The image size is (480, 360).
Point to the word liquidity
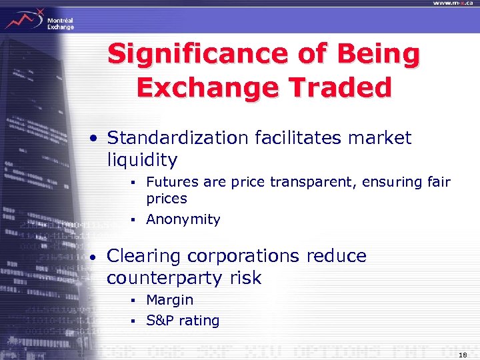point(142,160)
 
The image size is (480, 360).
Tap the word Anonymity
point(183,219)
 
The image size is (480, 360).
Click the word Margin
point(169,300)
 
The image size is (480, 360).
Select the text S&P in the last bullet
point(160,321)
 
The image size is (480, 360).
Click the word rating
point(199,321)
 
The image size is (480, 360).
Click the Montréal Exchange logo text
point(60,24)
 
